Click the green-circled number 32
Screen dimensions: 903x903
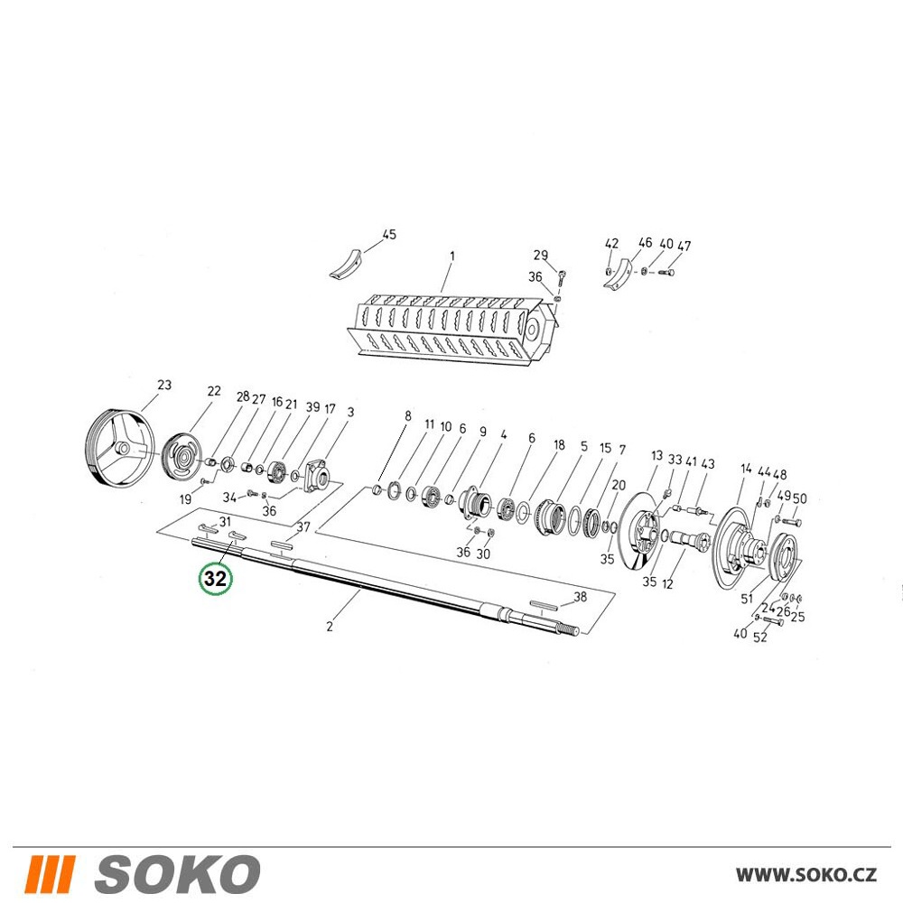pyautogui.click(x=216, y=579)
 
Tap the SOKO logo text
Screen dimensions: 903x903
pyautogui.click(x=177, y=873)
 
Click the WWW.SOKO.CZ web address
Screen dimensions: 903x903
pyautogui.click(x=806, y=875)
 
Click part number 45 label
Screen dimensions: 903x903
pyautogui.click(x=389, y=235)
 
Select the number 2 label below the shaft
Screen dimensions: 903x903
pyautogui.click(x=330, y=626)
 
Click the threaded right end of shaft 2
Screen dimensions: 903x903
pyautogui.click(x=573, y=631)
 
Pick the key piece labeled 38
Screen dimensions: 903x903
pyautogui.click(x=545, y=604)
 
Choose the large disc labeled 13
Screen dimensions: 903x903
pyautogui.click(x=639, y=531)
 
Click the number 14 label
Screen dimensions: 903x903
pyautogui.click(x=746, y=469)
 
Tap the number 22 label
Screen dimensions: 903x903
pyautogui.click(x=214, y=391)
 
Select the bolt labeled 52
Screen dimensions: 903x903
pyautogui.click(x=772, y=621)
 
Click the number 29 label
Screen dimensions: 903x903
pyautogui.click(x=541, y=256)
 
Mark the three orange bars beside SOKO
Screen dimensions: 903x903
pyautogui.click(x=50, y=874)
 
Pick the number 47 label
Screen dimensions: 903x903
pyautogui.click(x=684, y=246)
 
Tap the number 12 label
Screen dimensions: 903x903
pyautogui.click(x=667, y=584)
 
